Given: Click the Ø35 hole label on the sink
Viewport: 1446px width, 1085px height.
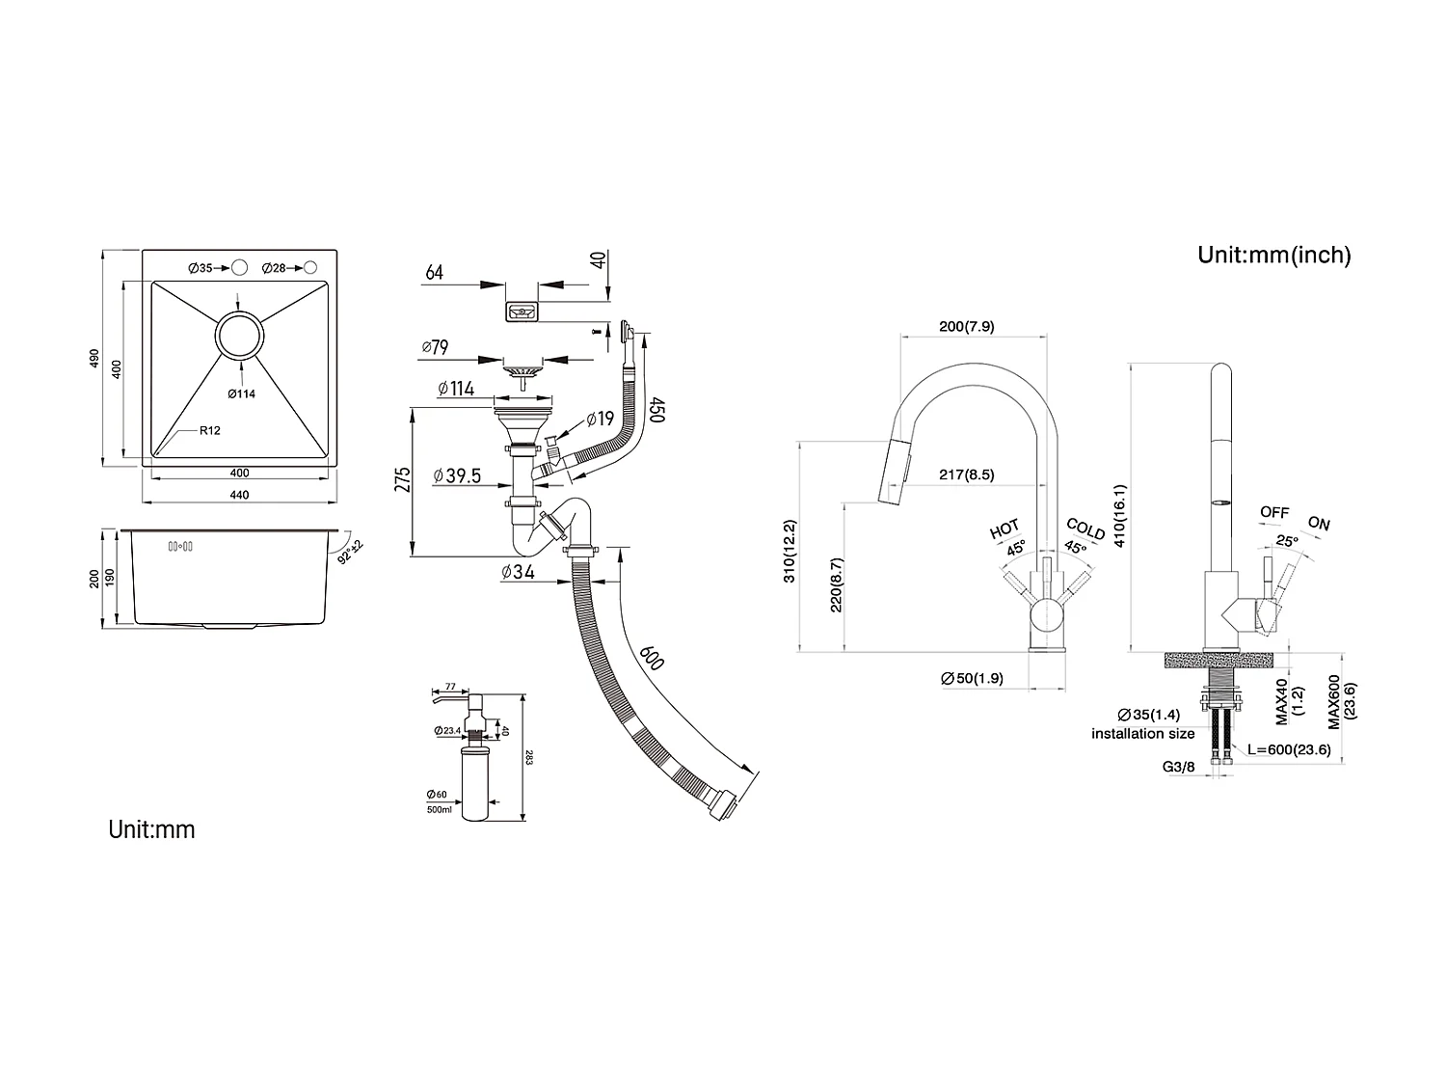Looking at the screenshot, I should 200,268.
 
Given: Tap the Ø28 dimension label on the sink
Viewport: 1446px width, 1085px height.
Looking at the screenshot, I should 273,268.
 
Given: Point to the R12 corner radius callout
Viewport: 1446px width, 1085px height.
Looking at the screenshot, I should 209,430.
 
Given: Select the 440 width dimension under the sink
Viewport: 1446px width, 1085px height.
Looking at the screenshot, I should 239,496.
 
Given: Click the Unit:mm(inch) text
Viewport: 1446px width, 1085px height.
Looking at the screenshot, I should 1273,255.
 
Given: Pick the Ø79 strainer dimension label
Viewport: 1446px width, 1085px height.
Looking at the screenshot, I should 436,347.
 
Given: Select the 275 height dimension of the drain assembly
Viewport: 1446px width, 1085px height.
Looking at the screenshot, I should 403,479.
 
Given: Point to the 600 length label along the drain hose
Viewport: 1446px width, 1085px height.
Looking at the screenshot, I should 652,659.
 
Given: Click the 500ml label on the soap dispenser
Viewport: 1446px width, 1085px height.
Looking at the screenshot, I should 439,809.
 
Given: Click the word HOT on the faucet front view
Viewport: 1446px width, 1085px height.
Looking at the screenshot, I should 1004,529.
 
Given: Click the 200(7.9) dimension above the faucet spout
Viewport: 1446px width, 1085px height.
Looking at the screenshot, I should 966,327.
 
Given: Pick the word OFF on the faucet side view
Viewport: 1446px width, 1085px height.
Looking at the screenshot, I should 1274,512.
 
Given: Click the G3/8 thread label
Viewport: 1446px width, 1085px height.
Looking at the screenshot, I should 1179,767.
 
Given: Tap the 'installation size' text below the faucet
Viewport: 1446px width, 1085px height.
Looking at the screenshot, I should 1142,734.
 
